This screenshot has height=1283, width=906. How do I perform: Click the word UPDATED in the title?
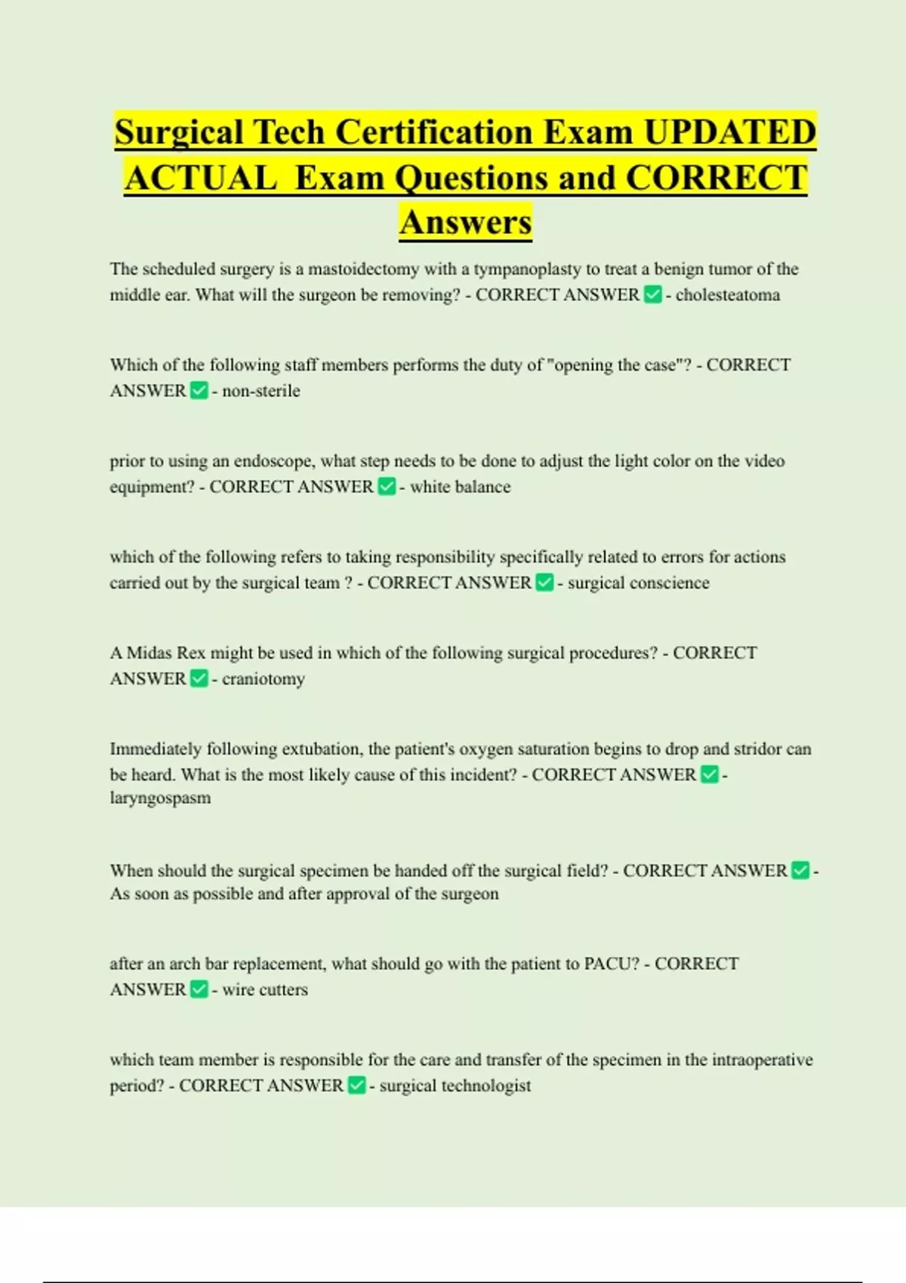coord(729,132)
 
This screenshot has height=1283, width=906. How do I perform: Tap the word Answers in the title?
coord(466,222)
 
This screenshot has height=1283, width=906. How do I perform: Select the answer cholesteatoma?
coord(728,295)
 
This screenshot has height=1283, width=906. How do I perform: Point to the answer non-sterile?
coord(261,391)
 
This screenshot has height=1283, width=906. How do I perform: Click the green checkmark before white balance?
coord(387,487)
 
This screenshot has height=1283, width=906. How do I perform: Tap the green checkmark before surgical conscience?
coord(544,583)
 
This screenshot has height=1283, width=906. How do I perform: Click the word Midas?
coord(149,653)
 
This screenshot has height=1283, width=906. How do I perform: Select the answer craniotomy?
coord(263,679)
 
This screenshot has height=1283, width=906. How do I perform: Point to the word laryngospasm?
coord(160,798)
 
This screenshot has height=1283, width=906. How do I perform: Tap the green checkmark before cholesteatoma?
coord(653,295)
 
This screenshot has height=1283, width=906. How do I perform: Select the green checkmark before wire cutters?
coord(199,989)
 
